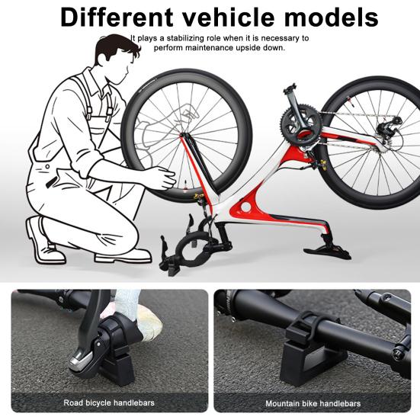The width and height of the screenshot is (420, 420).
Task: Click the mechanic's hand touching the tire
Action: (x=160, y=178)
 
